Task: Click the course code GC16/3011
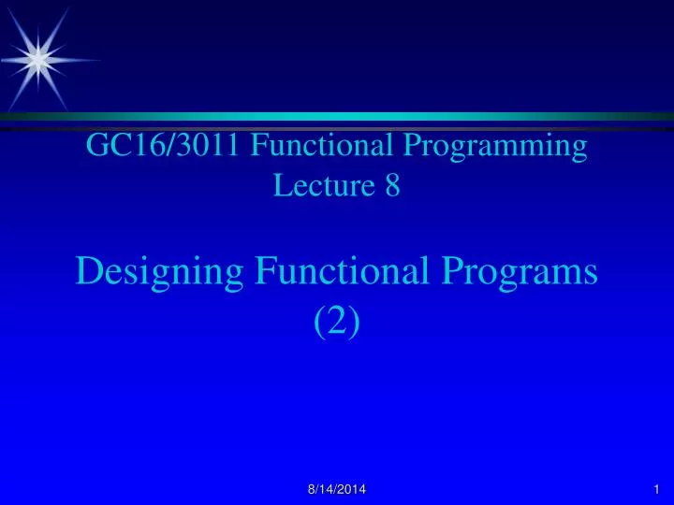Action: [163, 145]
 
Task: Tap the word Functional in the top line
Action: [321, 145]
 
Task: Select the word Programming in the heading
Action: [495, 148]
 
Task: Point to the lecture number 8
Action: [392, 185]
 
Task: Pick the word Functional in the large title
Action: [343, 270]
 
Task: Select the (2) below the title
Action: [337, 322]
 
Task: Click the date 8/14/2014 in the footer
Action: [337, 489]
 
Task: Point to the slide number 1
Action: [656, 489]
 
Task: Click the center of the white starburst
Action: [38, 60]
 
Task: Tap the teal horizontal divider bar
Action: [337, 116]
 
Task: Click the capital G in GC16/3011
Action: [95, 145]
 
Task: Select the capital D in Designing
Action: [90, 271]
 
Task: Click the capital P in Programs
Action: [452, 271]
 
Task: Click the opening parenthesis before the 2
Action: [319, 323]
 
